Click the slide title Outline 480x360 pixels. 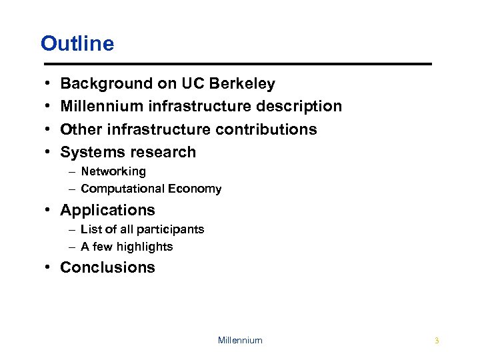click(77, 44)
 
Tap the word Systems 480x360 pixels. click(90, 153)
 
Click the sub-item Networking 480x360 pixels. click(113, 171)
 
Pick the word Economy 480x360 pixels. click(195, 189)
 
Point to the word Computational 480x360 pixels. click(123, 189)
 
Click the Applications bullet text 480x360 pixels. click(107, 211)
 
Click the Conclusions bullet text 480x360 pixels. click(107, 268)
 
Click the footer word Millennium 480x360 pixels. click(240, 341)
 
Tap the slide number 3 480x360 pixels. click(437, 341)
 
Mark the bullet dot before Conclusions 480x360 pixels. click(51, 268)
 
